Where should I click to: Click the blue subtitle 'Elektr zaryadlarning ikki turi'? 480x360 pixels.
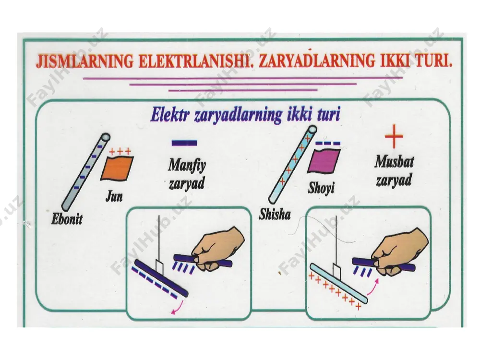tap(245, 115)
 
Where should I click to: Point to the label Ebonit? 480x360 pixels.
tap(67, 219)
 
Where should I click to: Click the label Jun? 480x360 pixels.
tap(114, 196)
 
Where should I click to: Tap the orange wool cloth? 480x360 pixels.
tap(117, 168)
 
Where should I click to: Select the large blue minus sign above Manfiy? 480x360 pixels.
tap(184, 143)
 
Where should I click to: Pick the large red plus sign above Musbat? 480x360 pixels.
tap(394, 136)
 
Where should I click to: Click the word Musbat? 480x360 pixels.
tap(394, 162)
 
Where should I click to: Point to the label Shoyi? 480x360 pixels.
tap(321, 188)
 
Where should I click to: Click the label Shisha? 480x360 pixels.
tap(275, 214)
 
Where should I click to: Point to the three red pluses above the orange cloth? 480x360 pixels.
tap(120, 151)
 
